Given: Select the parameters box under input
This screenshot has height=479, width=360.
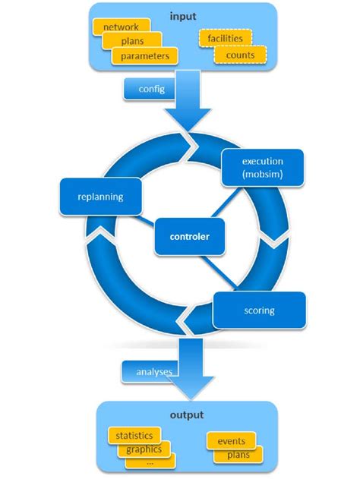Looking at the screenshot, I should [x=144, y=55].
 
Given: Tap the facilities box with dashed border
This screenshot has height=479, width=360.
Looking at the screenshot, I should [x=224, y=38].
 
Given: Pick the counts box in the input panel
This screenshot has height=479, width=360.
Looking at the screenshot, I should [x=240, y=55].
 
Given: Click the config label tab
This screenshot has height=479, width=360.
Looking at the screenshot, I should [x=151, y=89].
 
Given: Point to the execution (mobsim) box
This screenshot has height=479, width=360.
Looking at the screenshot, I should [x=262, y=168].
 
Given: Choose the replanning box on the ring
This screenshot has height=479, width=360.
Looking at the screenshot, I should [x=100, y=196].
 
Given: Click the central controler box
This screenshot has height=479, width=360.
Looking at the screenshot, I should [x=182, y=237].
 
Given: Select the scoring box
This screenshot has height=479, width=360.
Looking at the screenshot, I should [x=261, y=310].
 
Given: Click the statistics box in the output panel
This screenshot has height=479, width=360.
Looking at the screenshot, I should [x=134, y=436].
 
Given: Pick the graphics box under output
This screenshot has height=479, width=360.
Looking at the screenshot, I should [x=144, y=449].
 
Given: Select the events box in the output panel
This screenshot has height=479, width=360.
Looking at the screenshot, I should [x=231, y=441].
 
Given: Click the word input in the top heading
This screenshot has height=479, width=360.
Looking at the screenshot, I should [x=182, y=14].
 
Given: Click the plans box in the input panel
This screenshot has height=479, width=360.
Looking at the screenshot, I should [x=133, y=41].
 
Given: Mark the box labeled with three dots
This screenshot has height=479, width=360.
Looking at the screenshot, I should [x=150, y=460].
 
